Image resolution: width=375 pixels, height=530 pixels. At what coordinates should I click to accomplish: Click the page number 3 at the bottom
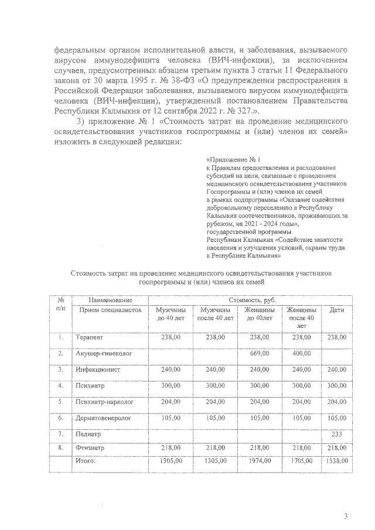click(x=346, y=516)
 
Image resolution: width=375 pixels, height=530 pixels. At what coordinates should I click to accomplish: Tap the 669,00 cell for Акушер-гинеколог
click(x=258, y=354)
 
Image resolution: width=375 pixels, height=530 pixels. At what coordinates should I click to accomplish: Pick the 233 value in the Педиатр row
click(x=336, y=435)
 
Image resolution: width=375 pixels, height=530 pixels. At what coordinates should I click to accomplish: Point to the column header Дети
click(x=336, y=310)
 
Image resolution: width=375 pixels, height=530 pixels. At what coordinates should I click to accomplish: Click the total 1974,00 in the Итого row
click(x=258, y=461)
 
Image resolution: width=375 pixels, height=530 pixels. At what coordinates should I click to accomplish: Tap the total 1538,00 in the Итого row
click(x=336, y=461)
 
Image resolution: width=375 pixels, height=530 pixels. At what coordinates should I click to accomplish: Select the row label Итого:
click(x=86, y=461)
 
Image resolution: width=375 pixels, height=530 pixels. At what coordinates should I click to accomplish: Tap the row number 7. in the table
click(x=60, y=435)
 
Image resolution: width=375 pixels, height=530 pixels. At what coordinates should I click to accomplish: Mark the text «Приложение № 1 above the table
click(x=233, y=159)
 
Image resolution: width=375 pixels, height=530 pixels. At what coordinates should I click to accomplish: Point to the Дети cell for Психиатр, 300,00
click(x=336, y=386)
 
